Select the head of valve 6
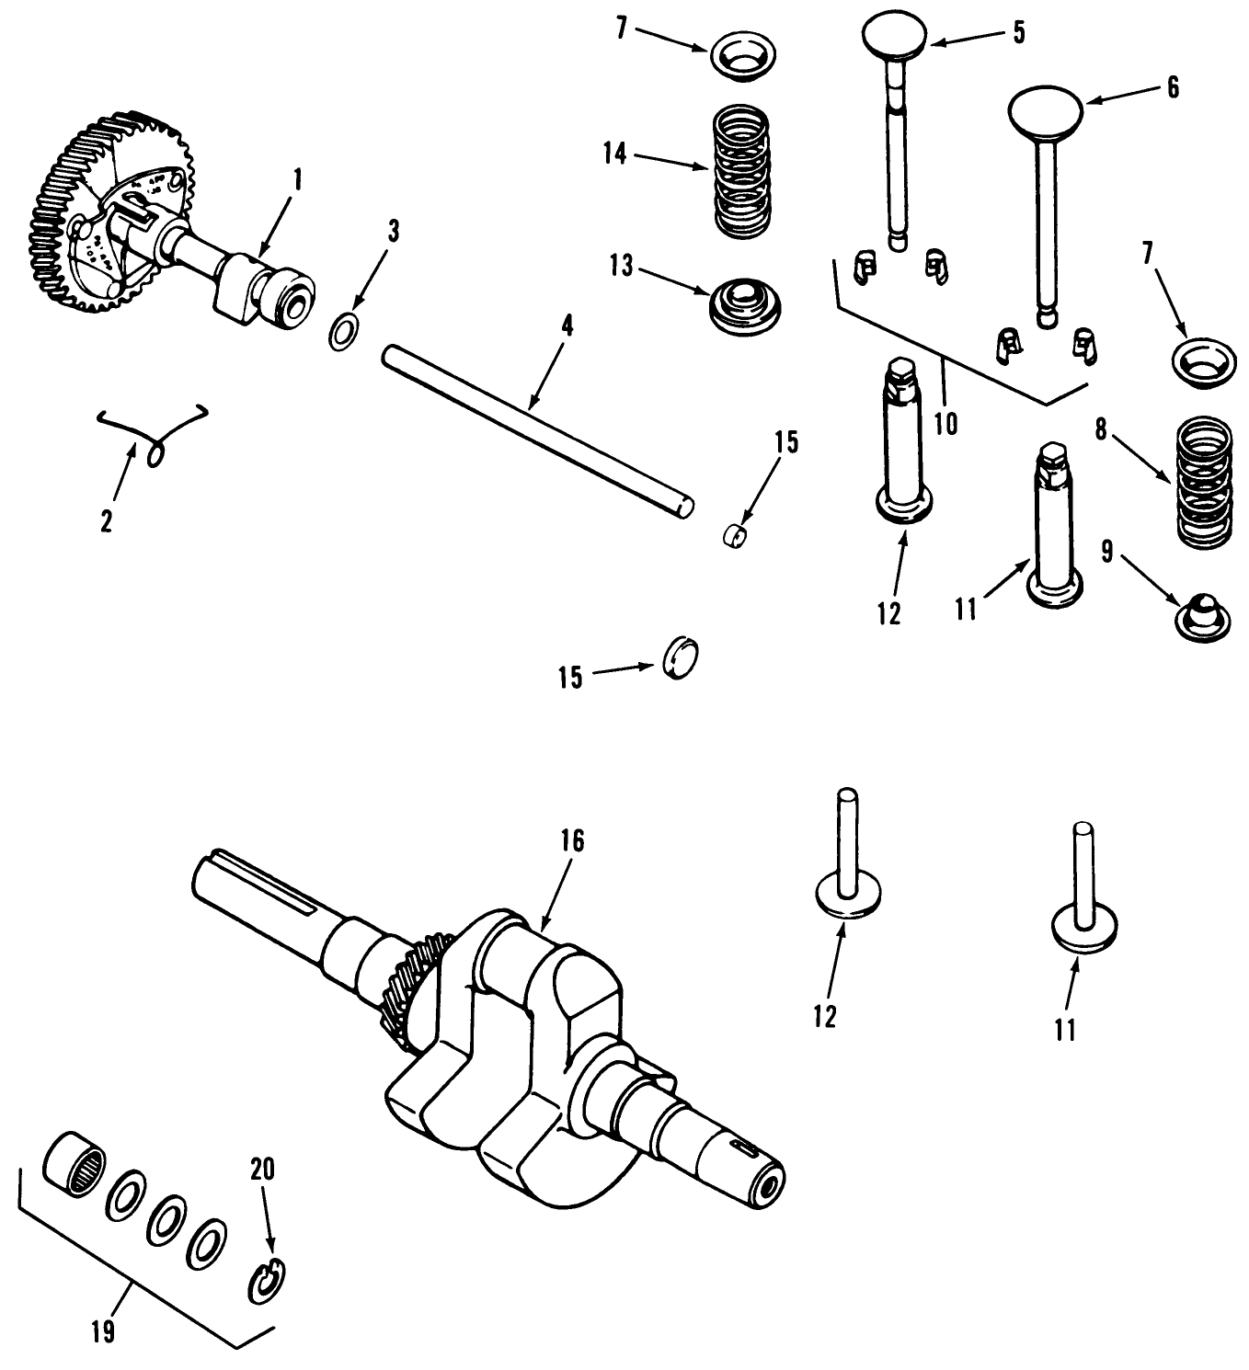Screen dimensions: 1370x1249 (1046, 108)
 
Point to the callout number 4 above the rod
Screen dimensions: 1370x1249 (567, 325)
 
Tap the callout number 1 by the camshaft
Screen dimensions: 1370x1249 (296, 179)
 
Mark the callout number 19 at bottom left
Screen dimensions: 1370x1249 (104, 1331)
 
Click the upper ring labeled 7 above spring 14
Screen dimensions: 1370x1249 (741, 55)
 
